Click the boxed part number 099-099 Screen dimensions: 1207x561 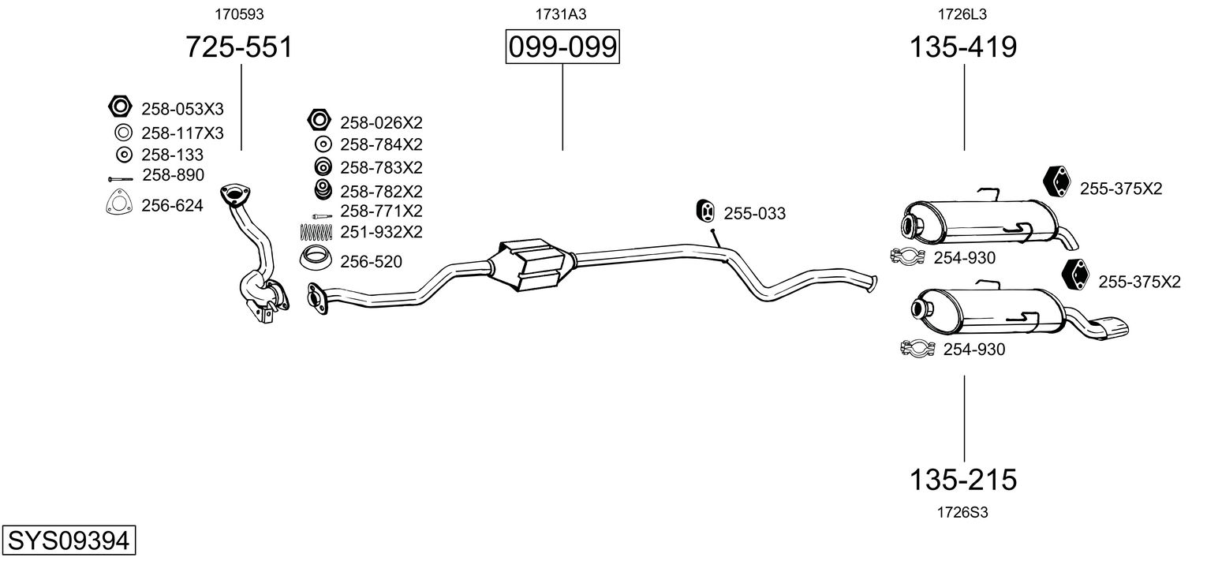tap(562, 48)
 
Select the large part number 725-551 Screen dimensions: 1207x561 tap(239, 48)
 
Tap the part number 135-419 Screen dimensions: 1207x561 tap(963, 48)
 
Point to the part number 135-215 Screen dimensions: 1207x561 tap(963, 479)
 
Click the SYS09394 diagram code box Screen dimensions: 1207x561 tap(68, 542)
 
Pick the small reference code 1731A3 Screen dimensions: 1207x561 tap(562, 14)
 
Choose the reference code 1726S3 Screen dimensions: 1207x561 tap(962, 512)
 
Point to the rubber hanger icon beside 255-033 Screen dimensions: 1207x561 tap(706, 211)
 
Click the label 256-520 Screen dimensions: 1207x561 tap(371, 261)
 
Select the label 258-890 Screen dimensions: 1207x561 tap(173, 175)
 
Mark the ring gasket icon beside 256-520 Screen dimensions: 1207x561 tap(317, 257)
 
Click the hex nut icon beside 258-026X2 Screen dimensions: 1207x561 tap(318, 121)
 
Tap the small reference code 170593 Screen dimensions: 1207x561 tap(239, 14)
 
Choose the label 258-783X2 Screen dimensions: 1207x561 tap(381, 168)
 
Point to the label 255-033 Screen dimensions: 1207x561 tap(754, 214)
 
